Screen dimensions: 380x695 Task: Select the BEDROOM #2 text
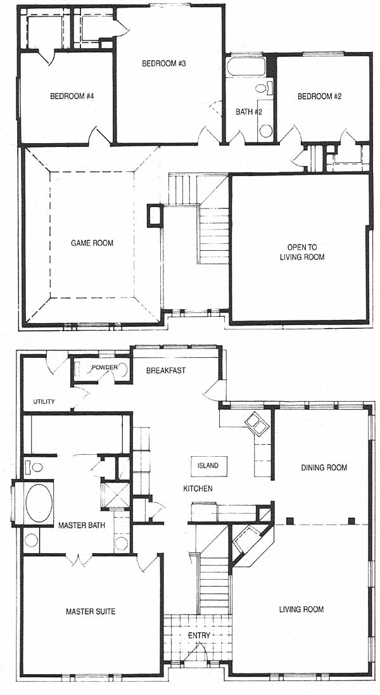[x=319, y=96]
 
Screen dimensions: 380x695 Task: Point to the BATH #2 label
[x=249, y=112]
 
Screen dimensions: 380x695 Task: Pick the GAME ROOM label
[x=92, y=243]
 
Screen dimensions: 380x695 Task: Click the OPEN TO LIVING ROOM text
[x=302, y=252]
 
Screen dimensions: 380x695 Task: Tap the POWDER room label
[x=104, y=367]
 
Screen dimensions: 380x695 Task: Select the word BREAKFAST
[x=166, y=371]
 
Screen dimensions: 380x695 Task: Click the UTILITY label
[x=44, y=402]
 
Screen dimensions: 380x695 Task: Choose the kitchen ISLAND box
[x=208, y=466]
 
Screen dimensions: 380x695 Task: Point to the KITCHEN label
[x=198, y=488]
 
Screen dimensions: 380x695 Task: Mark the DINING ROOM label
[x=324, y=468]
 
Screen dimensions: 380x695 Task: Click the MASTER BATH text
[x=82, y=526]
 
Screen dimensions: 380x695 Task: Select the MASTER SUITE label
[x=91, y=611]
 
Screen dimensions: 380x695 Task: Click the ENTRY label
[x=199, y=635]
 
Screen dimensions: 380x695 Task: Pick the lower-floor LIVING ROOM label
[x=301, y=609]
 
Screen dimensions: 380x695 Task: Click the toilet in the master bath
[x=35, y=467]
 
